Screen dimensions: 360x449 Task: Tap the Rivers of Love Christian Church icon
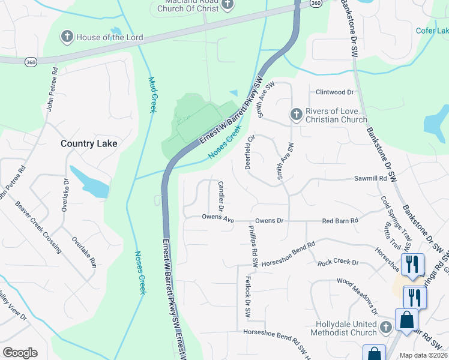(x=295, y=114)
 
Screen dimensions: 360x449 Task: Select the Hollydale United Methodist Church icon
(x=386, y=327)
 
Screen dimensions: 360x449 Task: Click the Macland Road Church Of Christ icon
(x=227, y=5)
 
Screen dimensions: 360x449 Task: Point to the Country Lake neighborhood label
(x=89, y=143)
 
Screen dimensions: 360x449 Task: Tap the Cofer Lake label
(x=432, y=31)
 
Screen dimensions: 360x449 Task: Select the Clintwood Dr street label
(x=335, y=92)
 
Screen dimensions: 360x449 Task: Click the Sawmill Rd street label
(x=370, y=179)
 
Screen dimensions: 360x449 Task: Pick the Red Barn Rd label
(x=340, y=221)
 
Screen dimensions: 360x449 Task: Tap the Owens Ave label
(x=217, y=219)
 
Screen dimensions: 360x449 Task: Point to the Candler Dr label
(x=220, y=196)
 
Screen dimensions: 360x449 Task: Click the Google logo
(x=20, y=353)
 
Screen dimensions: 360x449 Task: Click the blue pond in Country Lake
(x=90, y=182)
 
